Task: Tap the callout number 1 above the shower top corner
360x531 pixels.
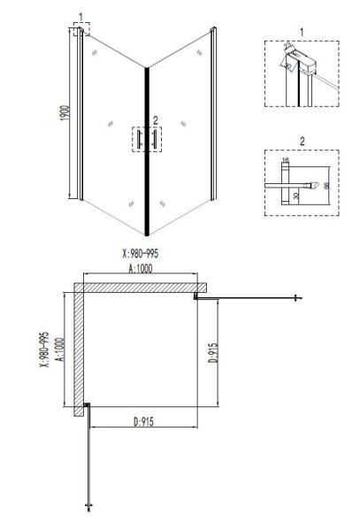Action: click(x=80, y=17)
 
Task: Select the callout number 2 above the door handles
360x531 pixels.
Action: click(x=156, y=118)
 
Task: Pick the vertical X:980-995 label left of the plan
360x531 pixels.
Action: click(x=43, y=351)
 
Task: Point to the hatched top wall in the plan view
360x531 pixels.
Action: click(x=142, y=289)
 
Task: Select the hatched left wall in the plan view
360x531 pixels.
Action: click(x=78, y=350)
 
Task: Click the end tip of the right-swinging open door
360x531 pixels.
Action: click(x=300, y=298)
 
